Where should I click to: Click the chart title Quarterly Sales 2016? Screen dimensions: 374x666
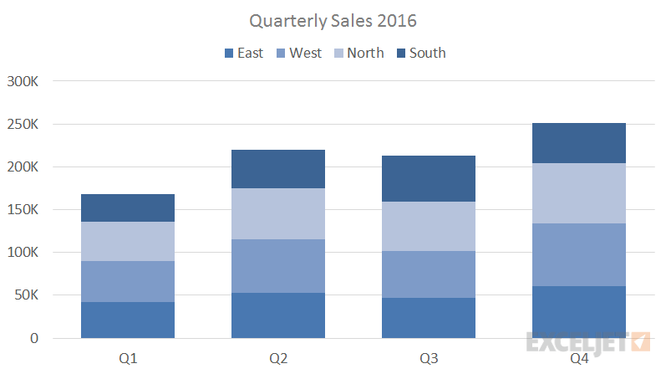333,19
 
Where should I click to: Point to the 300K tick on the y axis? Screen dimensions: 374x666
23,81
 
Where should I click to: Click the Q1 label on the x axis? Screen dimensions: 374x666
128,358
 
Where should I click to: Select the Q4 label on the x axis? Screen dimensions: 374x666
579,358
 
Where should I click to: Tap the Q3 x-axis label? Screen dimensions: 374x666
429,358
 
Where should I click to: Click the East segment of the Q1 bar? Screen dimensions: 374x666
128,320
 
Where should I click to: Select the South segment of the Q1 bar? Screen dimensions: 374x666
128,207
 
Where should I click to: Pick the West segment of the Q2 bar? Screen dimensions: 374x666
278,266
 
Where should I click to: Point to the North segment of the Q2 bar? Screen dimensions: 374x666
278,213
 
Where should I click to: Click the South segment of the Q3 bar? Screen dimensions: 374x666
429,178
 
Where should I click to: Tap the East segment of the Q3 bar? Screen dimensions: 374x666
429,318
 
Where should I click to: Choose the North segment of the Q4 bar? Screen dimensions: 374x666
579,192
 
